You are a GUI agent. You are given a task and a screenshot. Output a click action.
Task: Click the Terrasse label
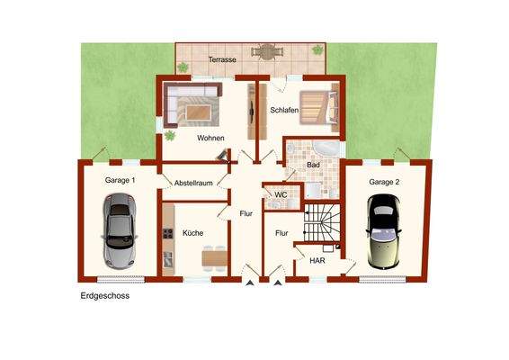(x=222, y=59)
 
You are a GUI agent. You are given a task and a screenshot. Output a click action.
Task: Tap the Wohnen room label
(x=210, y=138)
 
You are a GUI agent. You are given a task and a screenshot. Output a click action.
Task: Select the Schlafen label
(x=284, y=110)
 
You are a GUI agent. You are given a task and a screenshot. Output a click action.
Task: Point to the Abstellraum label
(x=193, y=183)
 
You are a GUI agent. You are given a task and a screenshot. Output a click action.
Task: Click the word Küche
(x=192, y=233)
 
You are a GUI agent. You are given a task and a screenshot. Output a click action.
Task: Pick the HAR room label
(x=317, y=261)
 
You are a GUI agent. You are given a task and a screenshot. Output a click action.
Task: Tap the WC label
(x=281, y=195)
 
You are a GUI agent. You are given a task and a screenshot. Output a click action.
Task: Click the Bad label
(x=313, y=165)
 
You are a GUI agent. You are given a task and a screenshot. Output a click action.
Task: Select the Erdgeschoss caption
(x=105, y=296)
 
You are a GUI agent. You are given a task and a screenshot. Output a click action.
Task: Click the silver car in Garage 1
(x=119, y=231)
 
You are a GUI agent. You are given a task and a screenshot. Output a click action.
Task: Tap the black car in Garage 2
(x=383, y=231)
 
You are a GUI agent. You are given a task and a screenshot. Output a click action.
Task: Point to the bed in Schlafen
(x=319, y=107)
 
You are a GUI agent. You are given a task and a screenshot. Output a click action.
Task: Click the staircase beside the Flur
(x=322, y=223)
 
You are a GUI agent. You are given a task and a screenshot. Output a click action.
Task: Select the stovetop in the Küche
(x=167, y=234)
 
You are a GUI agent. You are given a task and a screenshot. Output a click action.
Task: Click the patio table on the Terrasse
(x=267, y=52)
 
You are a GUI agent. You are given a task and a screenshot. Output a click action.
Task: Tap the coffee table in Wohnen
(x=199, y=112)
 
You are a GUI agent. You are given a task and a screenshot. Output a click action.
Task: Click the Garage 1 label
(x=120, y=180)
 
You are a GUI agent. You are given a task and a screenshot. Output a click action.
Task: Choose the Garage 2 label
(x=384, y=183)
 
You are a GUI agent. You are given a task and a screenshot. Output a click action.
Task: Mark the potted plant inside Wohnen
(x=170, y=135)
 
